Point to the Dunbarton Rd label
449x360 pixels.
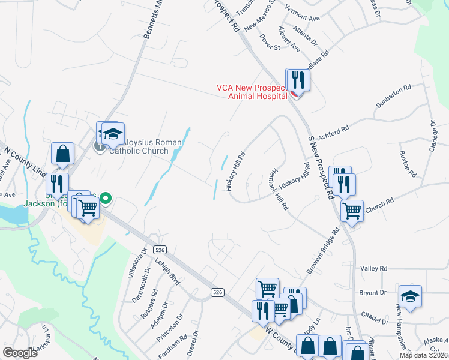pos(394,96)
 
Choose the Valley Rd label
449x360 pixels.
pos(374,269)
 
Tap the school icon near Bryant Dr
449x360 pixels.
pos(411,297)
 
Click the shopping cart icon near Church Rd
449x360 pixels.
pos(352,211)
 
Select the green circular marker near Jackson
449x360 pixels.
pos(106,197)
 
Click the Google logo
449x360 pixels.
pos(20,353)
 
